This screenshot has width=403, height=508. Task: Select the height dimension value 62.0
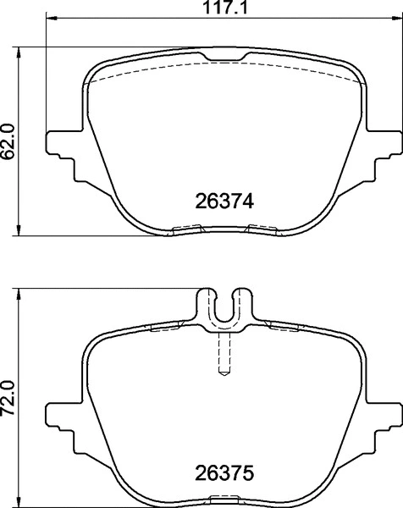(x=9, y=138)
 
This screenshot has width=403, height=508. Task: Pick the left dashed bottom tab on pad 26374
(x=187, y=228)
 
